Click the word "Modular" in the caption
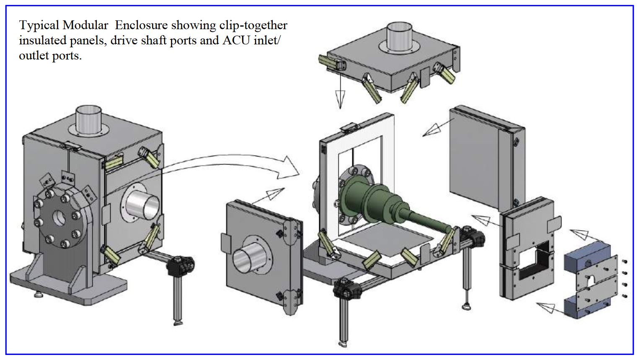85,25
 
